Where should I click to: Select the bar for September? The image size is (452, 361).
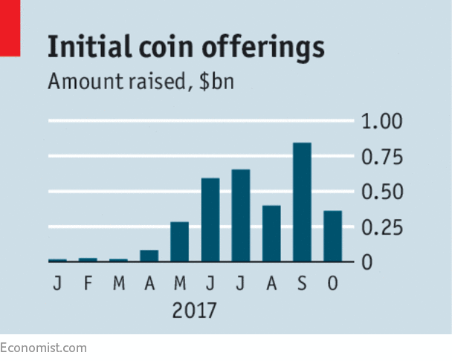[x=302, y=202]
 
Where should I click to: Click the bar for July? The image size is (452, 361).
[x=241, y=215]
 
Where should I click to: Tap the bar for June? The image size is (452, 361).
[x=210, y=220]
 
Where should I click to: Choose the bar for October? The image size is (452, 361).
[x=332, y=236]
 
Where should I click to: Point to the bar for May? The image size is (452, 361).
[x=180, y=241]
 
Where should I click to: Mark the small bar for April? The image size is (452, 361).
[x=149, y=256]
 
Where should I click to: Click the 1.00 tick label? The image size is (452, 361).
[x=381, y=122]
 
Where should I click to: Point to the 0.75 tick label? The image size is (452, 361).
[x=381, y=157]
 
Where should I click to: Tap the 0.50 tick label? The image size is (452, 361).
[x=381, y=192]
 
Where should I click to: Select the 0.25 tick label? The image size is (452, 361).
[x=381, y=227]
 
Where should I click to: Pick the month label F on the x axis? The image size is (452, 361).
[x=88, y=284]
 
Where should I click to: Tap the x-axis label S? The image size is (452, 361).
[x=302, y=284]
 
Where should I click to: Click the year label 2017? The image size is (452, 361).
[x=194, y=310]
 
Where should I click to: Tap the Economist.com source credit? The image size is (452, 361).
[x=43, y=348]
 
